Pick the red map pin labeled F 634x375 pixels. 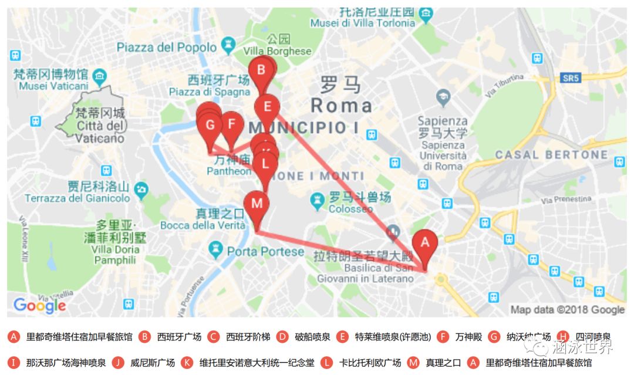232,124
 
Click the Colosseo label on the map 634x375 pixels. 350,208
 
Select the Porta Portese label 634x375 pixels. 265,251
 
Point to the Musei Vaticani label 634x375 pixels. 53,86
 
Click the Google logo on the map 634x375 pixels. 39,305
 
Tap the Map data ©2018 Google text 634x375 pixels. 567,309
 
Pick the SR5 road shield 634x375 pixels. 569,77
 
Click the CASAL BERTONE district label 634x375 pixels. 551,155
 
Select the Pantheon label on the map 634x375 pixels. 228,171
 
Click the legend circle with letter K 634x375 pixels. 187,363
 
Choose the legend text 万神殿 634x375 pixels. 468,337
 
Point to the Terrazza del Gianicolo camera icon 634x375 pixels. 141,190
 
